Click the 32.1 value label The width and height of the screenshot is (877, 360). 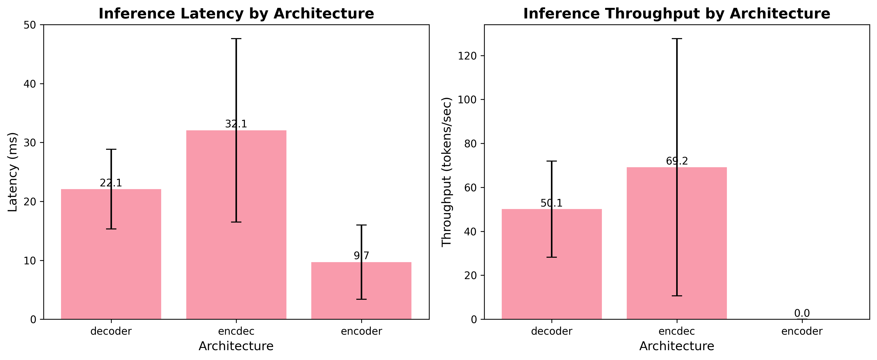(x=236, y=124)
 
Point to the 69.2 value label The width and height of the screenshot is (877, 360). (x=677, y=161)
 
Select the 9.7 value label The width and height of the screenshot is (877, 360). (x=361, y=255)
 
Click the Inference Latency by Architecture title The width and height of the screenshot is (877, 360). (x=236, y=14)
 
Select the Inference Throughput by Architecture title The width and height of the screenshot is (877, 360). (x=676, y=14)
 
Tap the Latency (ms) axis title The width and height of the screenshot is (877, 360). (x=12, y=172)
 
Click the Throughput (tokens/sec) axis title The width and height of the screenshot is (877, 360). (x=446, y=172)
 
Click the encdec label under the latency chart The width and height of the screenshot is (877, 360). (x=236, y=331)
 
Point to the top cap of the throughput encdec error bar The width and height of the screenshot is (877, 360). (x=677, y=39)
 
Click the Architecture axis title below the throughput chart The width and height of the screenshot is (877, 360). (x=676, y=346)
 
